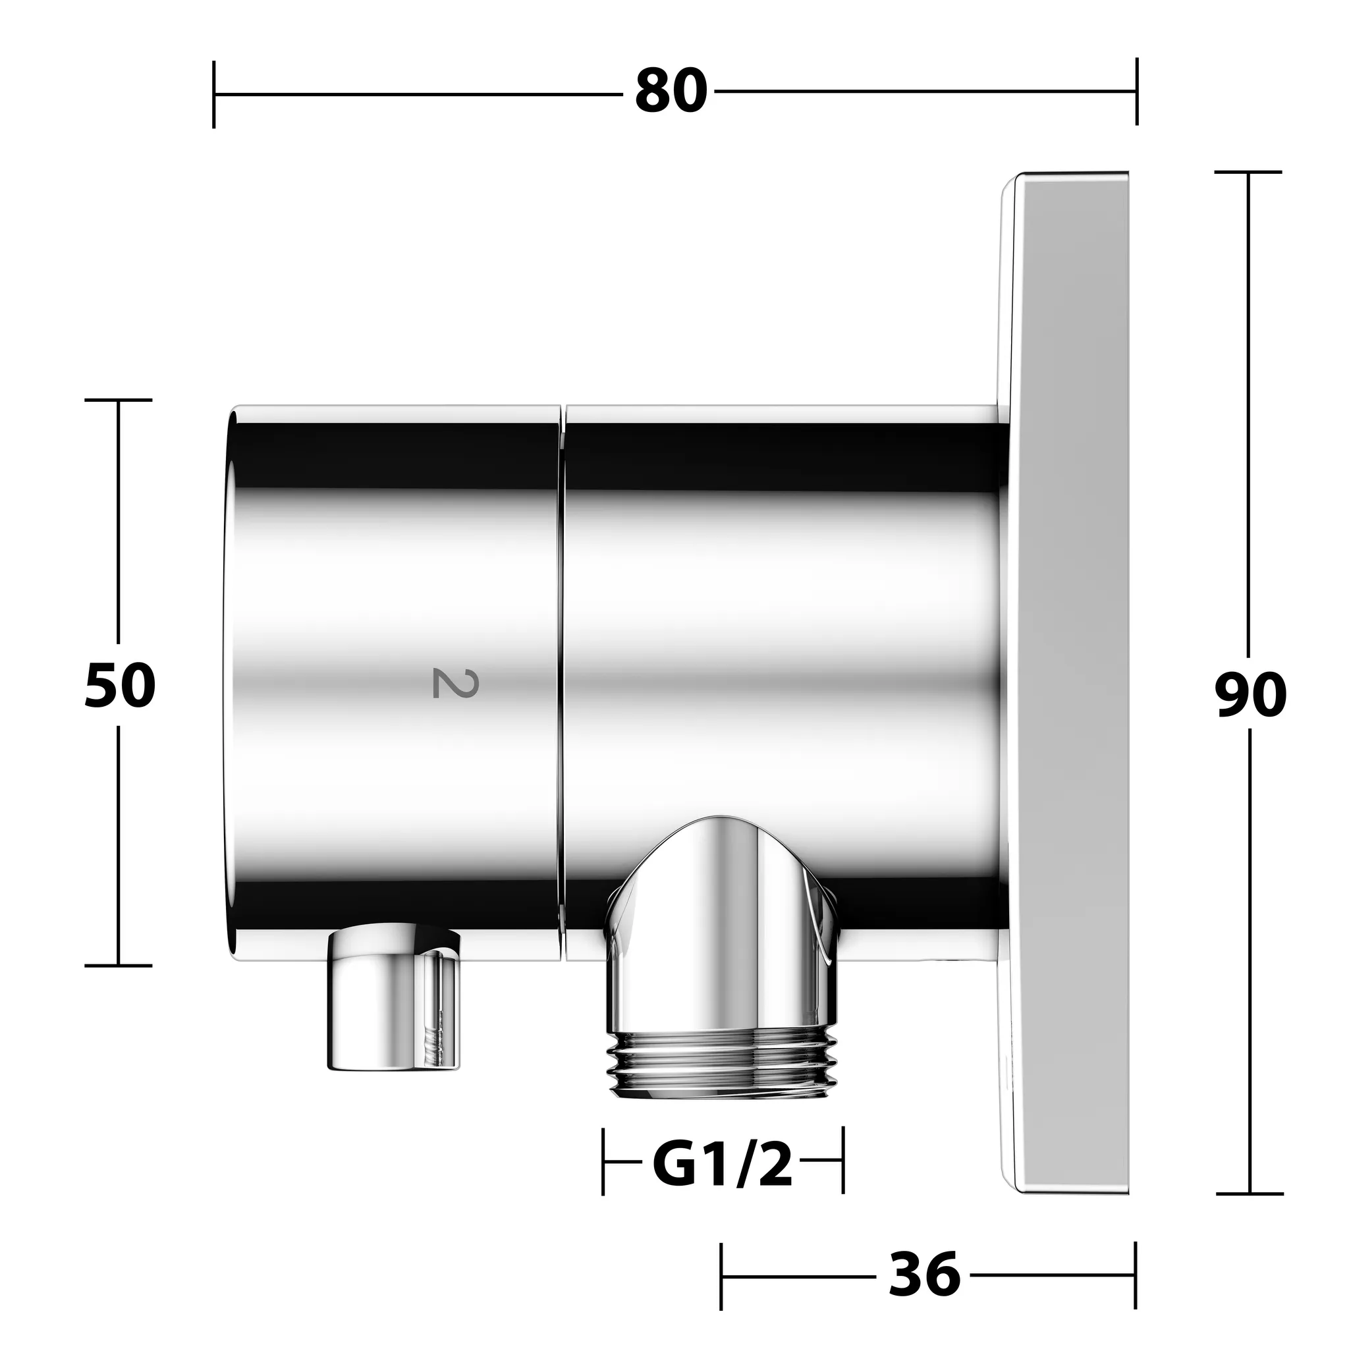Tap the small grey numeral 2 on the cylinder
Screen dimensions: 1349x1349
[x=445, y=682]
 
